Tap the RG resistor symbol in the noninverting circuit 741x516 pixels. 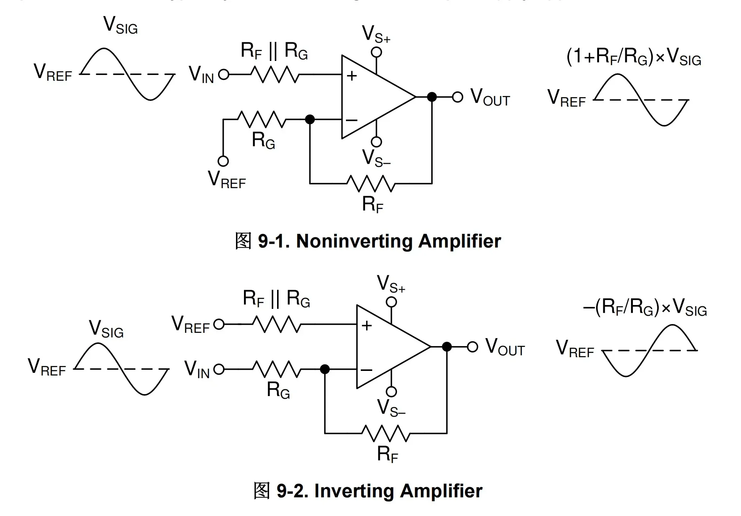tap(262, 119)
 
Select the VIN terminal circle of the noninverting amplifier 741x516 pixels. tap(224, 74)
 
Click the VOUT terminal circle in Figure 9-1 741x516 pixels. tap(457, 97)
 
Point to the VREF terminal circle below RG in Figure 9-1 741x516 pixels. tap(223, 161)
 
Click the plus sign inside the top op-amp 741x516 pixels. tap(352, 76)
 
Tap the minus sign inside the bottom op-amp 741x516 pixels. tap(367, 370)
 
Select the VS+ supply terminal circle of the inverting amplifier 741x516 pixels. tap(391, 302)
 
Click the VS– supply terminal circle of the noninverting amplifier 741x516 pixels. tap(376, 142)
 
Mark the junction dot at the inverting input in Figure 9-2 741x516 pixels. tap(325, 369)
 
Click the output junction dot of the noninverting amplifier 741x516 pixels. tap(432, 97)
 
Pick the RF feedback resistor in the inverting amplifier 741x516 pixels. tap(385, 433)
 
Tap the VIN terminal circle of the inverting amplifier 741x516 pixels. tap(219, 369)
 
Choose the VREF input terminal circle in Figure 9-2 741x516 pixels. tap(219, 324)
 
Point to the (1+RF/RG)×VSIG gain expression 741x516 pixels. tap(634, 57)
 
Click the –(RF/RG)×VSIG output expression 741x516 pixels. tap(645, 307)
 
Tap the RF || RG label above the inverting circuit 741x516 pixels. tap(277, 299)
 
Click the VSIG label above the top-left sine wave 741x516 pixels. tap(120, 26)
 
